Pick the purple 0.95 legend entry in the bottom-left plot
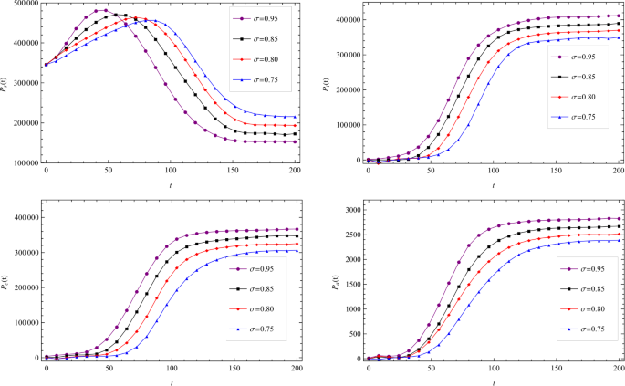click(256, 270)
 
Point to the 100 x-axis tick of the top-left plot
click(170, 172)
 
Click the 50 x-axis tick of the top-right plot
click(430, 171)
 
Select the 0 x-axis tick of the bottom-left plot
click(46, 369)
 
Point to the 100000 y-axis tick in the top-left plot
click(26, 162)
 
